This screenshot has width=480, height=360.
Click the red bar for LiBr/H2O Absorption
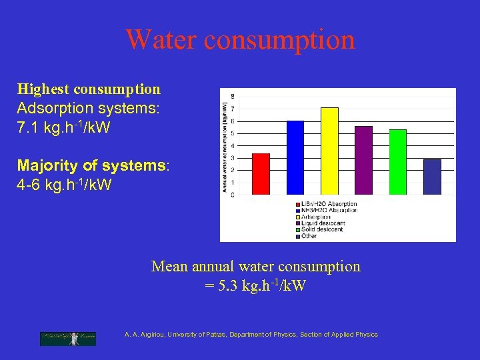tap(261, 174)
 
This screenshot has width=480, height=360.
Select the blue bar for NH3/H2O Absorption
tap(295, 158)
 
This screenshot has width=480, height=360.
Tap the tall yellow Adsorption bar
tap(329, 151)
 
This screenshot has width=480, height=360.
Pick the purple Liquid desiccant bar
tap(363, 161)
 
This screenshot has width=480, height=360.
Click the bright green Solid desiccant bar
tap(397, 162)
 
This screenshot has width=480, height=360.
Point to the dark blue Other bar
tap(432, 177)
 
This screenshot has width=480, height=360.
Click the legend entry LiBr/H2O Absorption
tap(329, 204)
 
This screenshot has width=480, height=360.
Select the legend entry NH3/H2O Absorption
tap(329, 211)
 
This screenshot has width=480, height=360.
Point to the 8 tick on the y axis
tap(232, 97)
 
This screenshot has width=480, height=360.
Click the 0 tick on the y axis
tap(232, 195)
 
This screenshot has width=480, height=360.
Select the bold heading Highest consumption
tap(89, 89)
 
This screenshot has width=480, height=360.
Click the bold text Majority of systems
tap(91, 165)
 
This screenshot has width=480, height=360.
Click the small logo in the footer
tap(67, 338)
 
